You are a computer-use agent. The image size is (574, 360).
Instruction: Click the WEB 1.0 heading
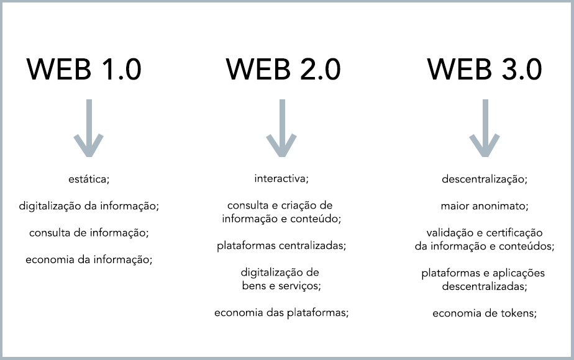pyautogui.click(x=84, y=70)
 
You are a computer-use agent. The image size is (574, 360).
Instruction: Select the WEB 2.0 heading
pyautogui.click(x=283, y=70)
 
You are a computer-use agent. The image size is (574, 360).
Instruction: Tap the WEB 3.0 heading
pyautogui.click(x=484, y=70)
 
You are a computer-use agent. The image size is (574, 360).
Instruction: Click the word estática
pyautogui.click(x=89, y=179)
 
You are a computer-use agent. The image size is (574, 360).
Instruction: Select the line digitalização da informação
pyautogui.click(x=89, y=206)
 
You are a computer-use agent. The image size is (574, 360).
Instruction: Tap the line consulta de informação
pyautogui.click(x=89, y=233)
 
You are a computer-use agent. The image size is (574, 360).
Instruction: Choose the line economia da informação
pyautogui.click(x=89, y=259)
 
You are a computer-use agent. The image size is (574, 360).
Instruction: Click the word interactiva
pyautogui.click(x=281, y=179)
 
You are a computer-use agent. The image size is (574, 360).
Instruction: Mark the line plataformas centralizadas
pyautogui.click(x=281, y=246)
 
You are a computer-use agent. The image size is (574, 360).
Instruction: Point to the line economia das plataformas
pyautogui.click(x=281, y=313)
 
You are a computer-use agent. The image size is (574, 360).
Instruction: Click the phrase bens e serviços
pyautogui.click(x=281, y=286)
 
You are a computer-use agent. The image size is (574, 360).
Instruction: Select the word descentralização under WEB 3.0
pyautogui.click(x=485, y=179)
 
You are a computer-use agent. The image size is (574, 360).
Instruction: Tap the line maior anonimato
pyautogui.click(x=485, y=206)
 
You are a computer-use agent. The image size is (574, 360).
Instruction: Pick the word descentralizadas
pyautogui.click(x=485, y=287)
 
